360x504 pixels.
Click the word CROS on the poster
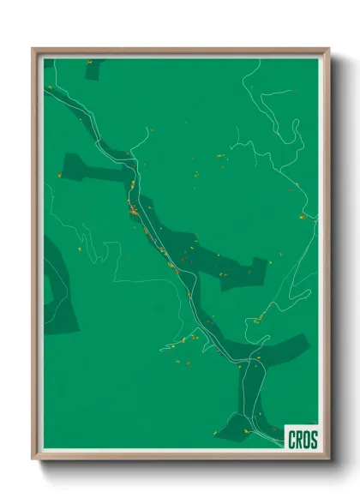pyautogui.click(x=301, y=439)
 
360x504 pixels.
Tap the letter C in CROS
pyautogui.click(x=291, y=439)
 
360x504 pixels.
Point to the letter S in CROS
pyautogui.click(x=313, y=439)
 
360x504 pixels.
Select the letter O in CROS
pyautogui.click(x=305, y=439)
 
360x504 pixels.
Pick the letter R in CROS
pyautogui.click(x=297, y=439)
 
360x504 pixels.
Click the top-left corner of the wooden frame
pyautogui.click(x=33, y=49)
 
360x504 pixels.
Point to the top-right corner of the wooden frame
pyautogui.click(x=328, y=49)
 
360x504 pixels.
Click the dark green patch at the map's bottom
pyautogui.click(x=236, y=424)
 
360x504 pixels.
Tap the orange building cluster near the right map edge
pyautogui.click(x=303, y=216)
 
